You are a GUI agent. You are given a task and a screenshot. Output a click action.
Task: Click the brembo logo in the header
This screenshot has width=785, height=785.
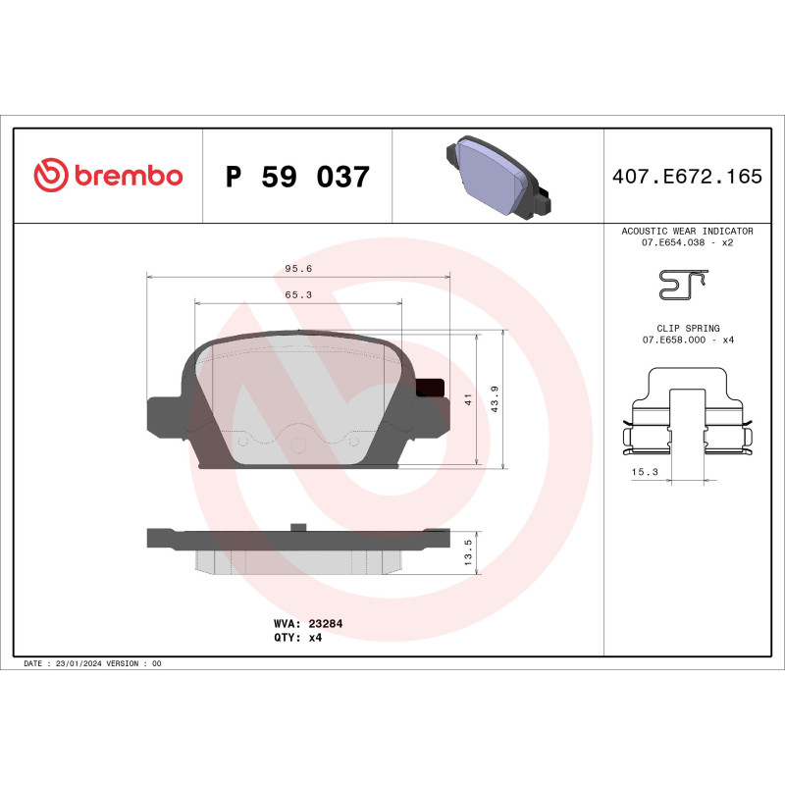108,176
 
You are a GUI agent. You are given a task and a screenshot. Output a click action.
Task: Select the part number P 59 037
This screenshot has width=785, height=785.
297,178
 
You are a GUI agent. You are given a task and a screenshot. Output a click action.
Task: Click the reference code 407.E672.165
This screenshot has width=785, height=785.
686,178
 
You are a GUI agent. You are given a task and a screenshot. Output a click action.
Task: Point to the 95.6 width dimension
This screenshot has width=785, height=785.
298,268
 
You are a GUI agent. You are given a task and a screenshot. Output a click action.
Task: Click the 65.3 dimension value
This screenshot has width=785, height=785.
298,294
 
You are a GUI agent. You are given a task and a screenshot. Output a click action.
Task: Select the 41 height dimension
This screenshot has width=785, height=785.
469,399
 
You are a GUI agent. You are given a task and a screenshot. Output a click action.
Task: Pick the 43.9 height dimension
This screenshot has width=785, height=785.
496,399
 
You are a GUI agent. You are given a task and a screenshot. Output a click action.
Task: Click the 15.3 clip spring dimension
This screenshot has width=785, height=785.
645,472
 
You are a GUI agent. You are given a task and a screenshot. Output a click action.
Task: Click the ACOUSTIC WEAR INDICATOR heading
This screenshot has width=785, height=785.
687,231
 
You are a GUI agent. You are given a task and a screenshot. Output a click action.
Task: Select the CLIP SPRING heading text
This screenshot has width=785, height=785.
688,328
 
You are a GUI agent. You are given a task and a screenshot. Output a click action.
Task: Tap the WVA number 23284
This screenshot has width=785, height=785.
325,623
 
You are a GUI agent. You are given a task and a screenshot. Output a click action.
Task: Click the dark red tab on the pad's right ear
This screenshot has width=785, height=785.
430,389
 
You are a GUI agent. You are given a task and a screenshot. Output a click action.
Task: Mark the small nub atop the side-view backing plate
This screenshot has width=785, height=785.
296,527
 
